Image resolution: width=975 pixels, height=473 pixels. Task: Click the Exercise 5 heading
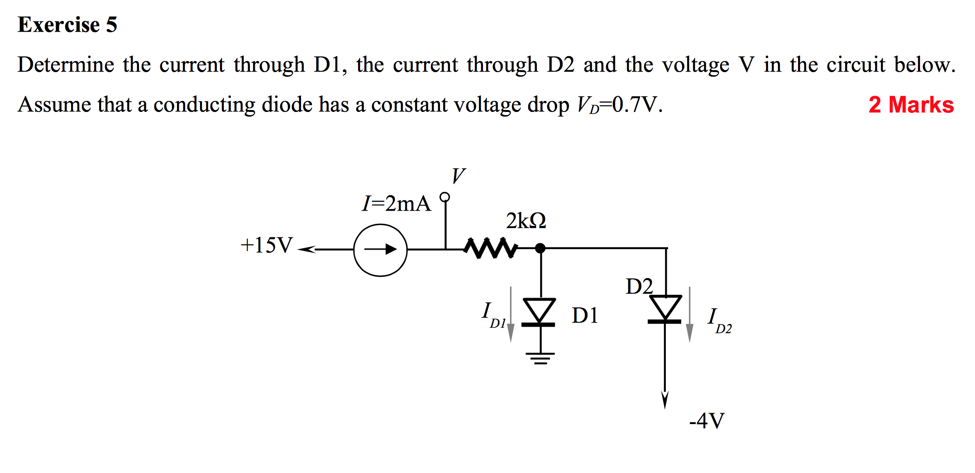(x=67, y=24)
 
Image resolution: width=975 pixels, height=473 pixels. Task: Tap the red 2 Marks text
(x=911, y=105)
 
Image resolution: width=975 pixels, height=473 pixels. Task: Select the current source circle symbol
(x=380, y=250)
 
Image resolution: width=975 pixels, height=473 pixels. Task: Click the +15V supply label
(x=267, y=245)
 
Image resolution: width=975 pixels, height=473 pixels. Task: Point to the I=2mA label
(x=396, y=203)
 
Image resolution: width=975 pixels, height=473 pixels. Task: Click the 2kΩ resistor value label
(x=526, y=221)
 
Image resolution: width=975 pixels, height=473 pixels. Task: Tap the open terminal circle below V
(x=445, y=197)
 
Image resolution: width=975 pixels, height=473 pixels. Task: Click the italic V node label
(x=458, y=175)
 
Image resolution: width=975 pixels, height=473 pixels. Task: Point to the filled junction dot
(x=540, y=248)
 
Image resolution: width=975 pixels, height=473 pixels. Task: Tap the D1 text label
(x=585, y=315)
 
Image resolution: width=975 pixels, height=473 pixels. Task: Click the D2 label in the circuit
(x=639, y=286)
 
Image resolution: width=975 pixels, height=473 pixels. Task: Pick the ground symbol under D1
(x=540, y=358)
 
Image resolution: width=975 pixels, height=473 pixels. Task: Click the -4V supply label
(x=707, y=420)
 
